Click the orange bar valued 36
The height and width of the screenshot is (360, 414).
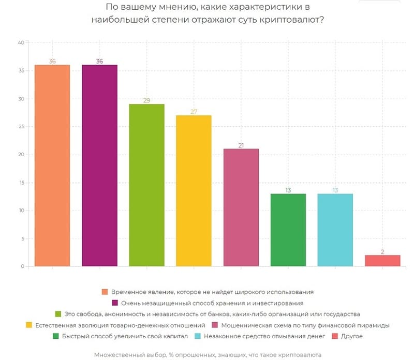pyautogui.click(x=52, y=166)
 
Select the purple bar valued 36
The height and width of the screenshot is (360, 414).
pyautogui.click(x=99, y=166)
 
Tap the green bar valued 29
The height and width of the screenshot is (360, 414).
pyautogui.click(x=146, y=185)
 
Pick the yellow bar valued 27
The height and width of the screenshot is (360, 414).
pyautogui.click(x=194, y=191)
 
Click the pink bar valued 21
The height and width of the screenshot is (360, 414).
pyautogui.click(x=241, y=207)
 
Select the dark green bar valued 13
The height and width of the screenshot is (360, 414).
pyautogui.click(x=288, y=230)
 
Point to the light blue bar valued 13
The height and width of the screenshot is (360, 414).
pyautogui.click(x=335, y=230)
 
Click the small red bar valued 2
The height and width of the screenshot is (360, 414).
pyautogui.click(x=382, y=261)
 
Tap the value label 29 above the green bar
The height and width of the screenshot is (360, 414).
pyautogui.click(x=146, y=100)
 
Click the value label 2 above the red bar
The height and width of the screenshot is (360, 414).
pyautogui.click(x=382, y=251)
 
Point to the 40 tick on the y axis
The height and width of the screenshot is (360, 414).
pyautogui.click(x=21, y=43)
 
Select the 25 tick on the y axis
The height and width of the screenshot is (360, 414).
pyautogui.click(x=21, y=127)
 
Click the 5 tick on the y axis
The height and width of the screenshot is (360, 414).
pyautogui.click(x=23, y=238)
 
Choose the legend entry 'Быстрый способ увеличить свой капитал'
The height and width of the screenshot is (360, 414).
pyautogui.click(x=121, y=336)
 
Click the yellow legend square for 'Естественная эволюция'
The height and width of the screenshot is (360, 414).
pyautogui.click(x=29, y=325)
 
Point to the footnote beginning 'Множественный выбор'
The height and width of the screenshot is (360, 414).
pyautogui.click(x=208, y=355)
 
